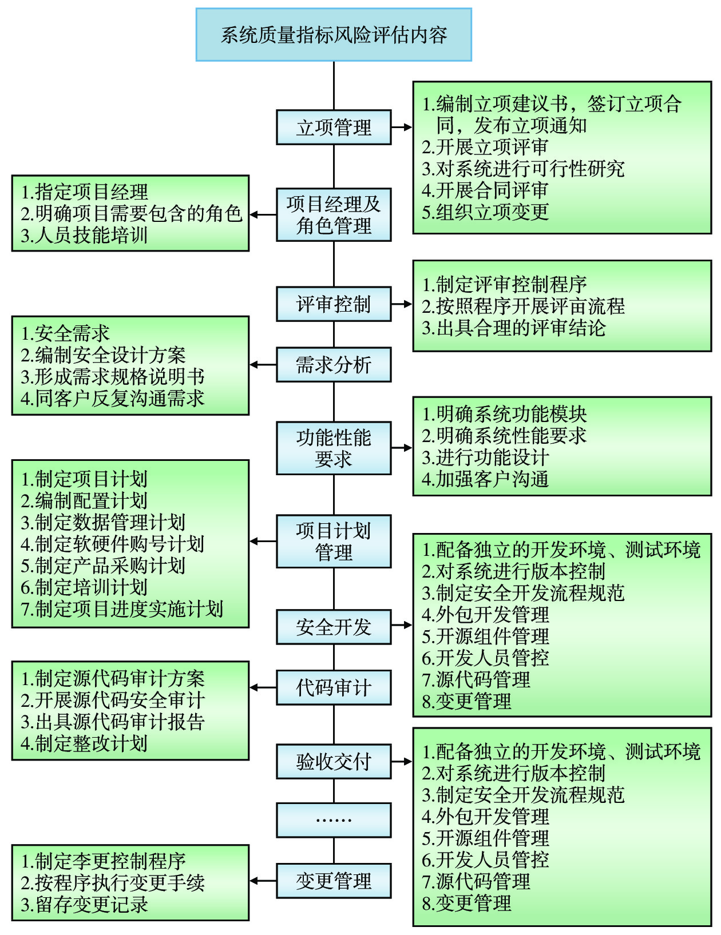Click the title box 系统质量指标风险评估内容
coord(334,35)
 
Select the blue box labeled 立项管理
coord(334,128)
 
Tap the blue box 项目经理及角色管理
coord(334,214)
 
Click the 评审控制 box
coord(334,304)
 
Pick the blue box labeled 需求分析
coord(334,365)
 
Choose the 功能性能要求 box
coord(334,448)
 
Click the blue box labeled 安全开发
coord(334,627)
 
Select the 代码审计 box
coord(334,687)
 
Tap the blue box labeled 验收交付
coord(334,762)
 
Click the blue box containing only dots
coord(334,820)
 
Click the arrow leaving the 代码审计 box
coord(263,687)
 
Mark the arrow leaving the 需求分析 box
coord(263,365)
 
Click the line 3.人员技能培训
coord(84,236)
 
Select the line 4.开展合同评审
coord(485,190)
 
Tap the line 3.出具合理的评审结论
coord(514,328)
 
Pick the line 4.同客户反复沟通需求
coord(112,399)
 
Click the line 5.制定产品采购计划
coord(103,566)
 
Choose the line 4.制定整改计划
coord(84,743)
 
